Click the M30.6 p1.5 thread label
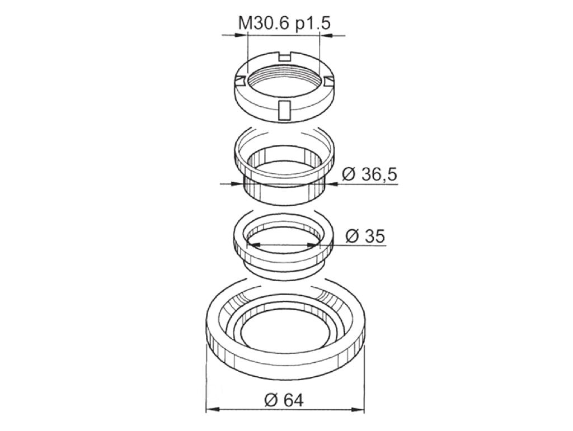(x=285, y=23)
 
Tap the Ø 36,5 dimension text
(x=369, y=175)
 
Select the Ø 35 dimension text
(x=365, y=236)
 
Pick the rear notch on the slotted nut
(x=284, y=56)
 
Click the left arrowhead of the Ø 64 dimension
(x=213, y=409)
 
